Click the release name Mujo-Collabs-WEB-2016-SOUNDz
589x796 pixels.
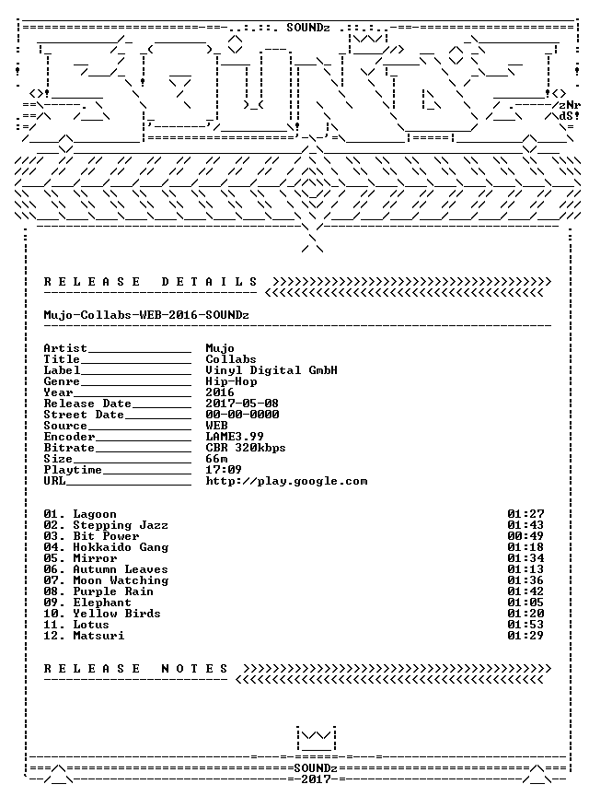[x=146, y=315]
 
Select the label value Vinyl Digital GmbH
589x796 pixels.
[x=271, y=370]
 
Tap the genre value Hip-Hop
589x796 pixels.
[x=231, y=381]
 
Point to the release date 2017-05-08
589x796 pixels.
[x=242, y=404]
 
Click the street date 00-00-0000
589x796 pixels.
[x=242, y=415]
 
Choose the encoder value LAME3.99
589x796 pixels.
[x=235, y=437]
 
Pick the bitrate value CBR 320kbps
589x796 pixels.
[x=246, y=448]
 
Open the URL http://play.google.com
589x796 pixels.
[x=286, y=481]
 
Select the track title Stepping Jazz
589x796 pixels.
[x=121, y=525]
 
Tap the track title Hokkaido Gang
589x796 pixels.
[x=121, y=547]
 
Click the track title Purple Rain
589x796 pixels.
[x=113, y=591]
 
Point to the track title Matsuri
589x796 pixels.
[x=98, y=636]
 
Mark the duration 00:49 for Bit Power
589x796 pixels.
[x=525, y=536]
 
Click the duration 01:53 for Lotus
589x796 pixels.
[x=525, y=625]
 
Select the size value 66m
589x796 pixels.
[x=216, y=459]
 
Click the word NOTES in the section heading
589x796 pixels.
[x=195, y=669]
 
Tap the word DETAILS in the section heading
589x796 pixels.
[x=210, y=282]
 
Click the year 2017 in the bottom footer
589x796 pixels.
[x=316, y=778]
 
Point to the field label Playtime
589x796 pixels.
[x=73, y=470]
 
